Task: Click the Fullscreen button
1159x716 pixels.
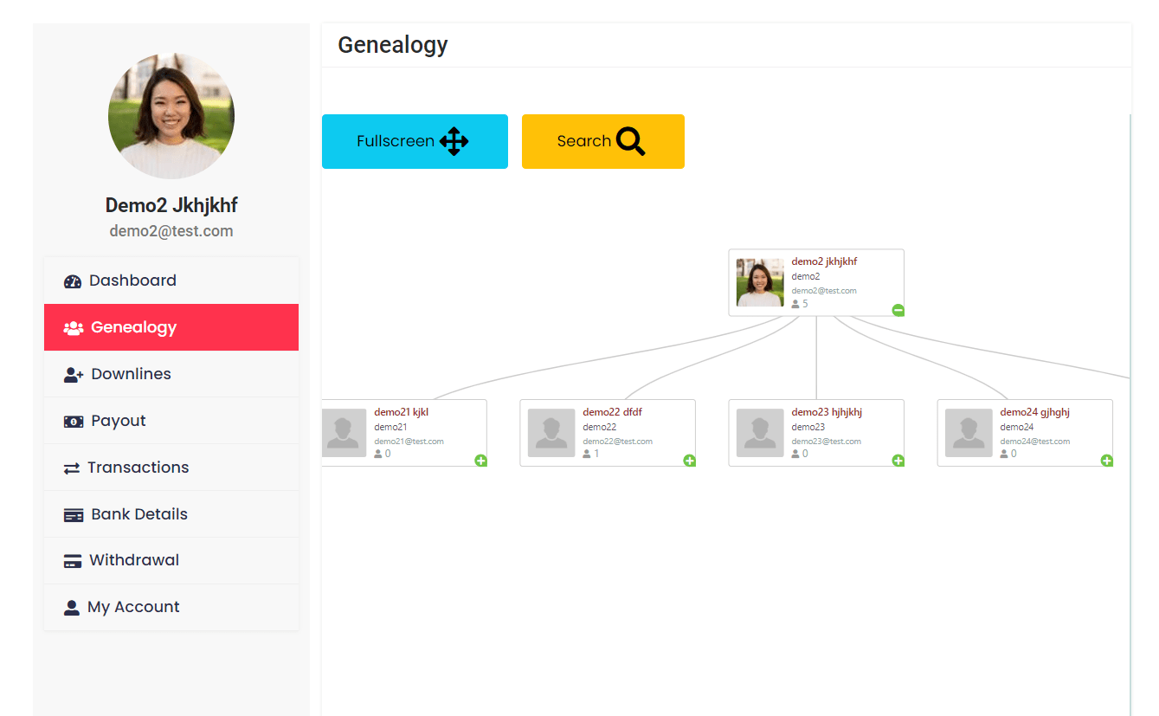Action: [x=415, y=141]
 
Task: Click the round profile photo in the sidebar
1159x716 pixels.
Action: [x=171, y=116]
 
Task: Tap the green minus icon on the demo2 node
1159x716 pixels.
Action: [x=898, y=310]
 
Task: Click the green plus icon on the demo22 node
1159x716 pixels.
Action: [x=690, y=461]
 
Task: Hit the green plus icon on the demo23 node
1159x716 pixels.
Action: [x=898, y=461]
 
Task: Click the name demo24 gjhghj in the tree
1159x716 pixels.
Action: [x=1034, y=412]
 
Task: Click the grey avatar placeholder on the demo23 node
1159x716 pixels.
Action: [x=759, y=433]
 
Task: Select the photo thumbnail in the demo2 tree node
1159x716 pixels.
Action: [x=759, y=282]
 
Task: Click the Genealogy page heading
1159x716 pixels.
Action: [x=393, y=45]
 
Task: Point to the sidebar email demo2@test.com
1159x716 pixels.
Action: [x=171, y=231]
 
